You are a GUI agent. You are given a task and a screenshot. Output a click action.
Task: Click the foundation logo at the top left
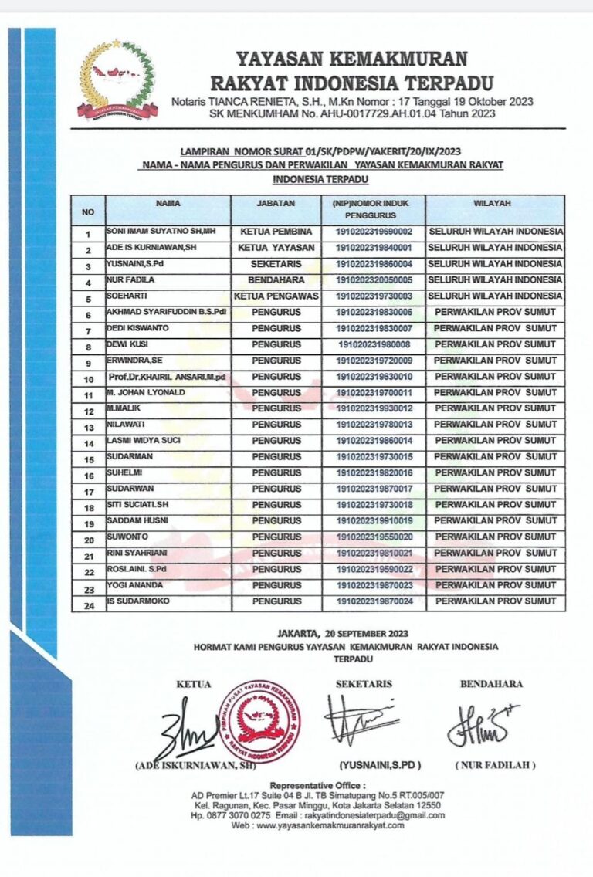click(117, 80)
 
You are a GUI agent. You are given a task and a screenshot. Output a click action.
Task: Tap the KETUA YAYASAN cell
click(276, 248)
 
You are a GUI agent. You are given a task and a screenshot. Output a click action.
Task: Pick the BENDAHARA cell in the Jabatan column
click(276, 279)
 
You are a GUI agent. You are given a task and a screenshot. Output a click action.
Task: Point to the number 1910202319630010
click(374, 376)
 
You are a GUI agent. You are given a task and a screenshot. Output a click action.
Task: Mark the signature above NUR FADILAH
click(482, 724)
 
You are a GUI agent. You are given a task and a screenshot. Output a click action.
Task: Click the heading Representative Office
click(317, 785)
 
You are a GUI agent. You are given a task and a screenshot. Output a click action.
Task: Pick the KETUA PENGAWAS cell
click(276, 296)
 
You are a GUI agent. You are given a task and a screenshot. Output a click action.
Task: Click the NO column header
click(88, 210)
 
